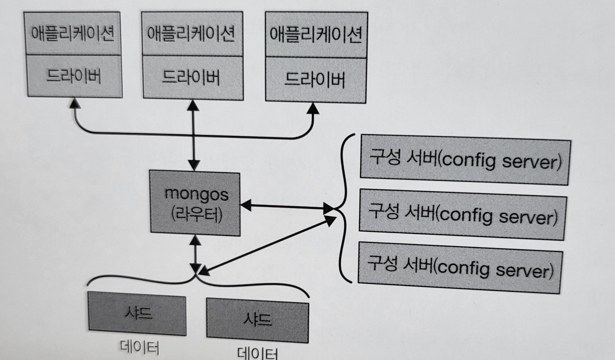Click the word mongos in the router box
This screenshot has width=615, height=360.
[x=196, y=194]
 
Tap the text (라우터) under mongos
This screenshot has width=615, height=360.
[x=196, y=214]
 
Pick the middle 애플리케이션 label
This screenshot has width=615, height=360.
[x=191, y=34]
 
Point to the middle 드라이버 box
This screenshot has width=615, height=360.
[x=192, y=78]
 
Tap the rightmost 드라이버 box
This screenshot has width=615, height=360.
[x=315, y=80]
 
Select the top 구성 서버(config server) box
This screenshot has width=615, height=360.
[x=465, y=160]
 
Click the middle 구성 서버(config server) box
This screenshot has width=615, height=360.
[x=463, y=215]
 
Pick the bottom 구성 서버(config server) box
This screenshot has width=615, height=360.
[x=460, y=268]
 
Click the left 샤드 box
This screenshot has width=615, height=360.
[x=137, y=314]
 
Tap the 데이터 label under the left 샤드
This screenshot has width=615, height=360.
[x=139, y=348]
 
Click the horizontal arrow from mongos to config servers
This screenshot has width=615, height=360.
[x=286, y=208]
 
